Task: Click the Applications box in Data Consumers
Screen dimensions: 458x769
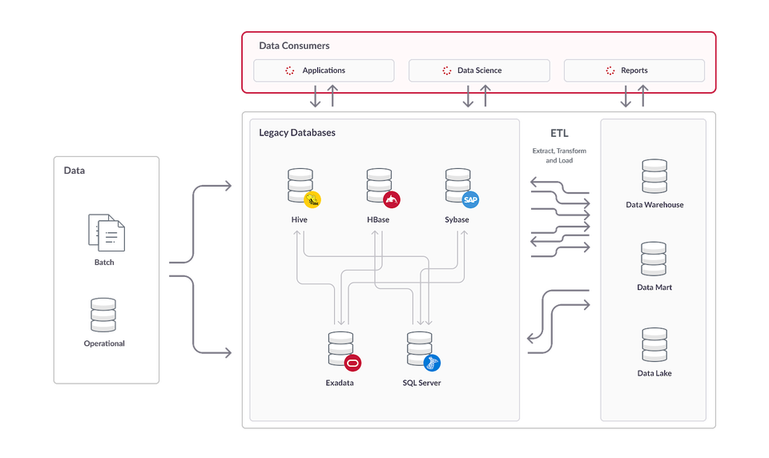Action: [x=324, y=70]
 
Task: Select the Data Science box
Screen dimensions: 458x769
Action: [x=479, y=70]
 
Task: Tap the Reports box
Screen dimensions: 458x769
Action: [x=634, y=70]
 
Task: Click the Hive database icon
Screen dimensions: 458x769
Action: [x=300, y=185]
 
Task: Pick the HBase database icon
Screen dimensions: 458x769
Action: [x=378, y=185]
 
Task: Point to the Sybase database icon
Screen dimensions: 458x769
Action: [x=457, y=185]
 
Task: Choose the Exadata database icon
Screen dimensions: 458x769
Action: [x=340, y=348]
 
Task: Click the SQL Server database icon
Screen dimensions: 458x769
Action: [x=418, y=348]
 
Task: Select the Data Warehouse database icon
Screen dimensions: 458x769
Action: [x=654, y=176]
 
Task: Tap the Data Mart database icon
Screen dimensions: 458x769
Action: [x=654, y=259]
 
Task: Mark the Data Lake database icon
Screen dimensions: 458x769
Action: [x=654, y=344]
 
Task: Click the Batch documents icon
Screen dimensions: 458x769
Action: [x=107, y=232]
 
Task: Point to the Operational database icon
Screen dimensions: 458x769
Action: [x=103, y=315]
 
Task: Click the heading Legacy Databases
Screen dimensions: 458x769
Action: [x=296, y=132]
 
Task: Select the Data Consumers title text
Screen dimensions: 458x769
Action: [x=294, y=46]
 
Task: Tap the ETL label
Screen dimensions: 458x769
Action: [x=560, y=132]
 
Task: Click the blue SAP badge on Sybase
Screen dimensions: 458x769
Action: [x=470, y=199]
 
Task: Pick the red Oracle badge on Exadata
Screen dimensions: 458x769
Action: [x=353, y=363]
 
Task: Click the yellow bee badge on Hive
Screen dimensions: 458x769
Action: [x=312, y=199]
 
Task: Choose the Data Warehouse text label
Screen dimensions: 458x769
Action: [x=654, y=205]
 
